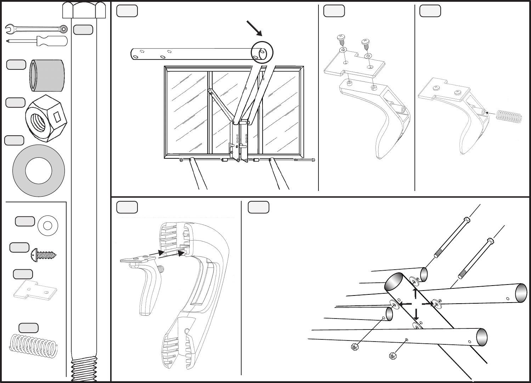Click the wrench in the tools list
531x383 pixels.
coord(35,29)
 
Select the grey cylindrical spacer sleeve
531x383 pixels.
coord(47,75)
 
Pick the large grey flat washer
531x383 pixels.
coord(39,170)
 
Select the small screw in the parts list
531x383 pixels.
coord(44,254)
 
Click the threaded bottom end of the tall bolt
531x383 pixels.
coord(84,368)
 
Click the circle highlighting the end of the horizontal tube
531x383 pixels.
coord(262,52)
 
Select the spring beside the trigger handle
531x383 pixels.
coord(509,116)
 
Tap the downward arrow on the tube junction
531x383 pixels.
coord(417,314)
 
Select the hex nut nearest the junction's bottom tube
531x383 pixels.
coord(392,355)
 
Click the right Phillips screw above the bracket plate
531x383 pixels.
coord(365,44)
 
